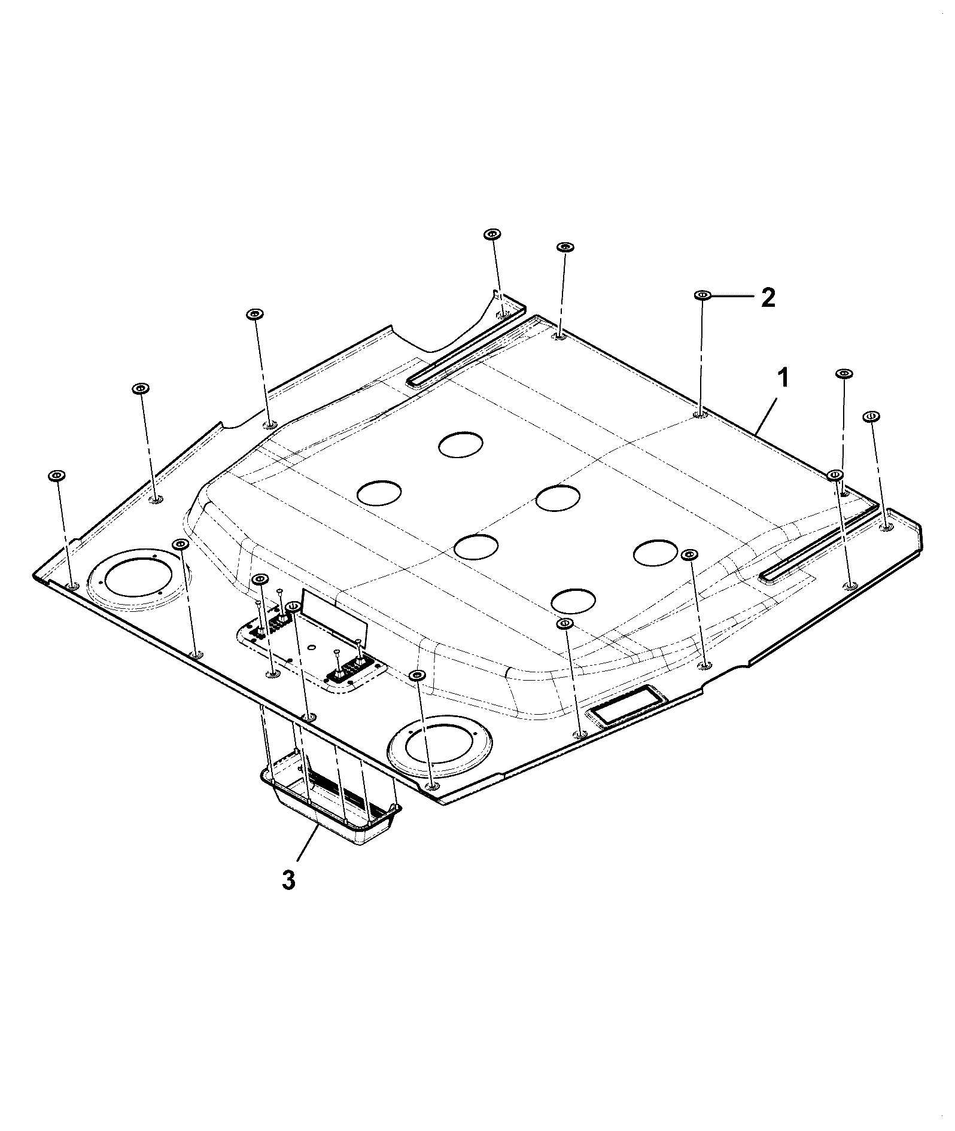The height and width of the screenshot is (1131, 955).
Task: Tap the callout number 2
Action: point(768,297)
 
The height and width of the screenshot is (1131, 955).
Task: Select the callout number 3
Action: point(288,880)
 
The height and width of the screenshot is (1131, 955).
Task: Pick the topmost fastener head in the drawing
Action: point(492,234)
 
